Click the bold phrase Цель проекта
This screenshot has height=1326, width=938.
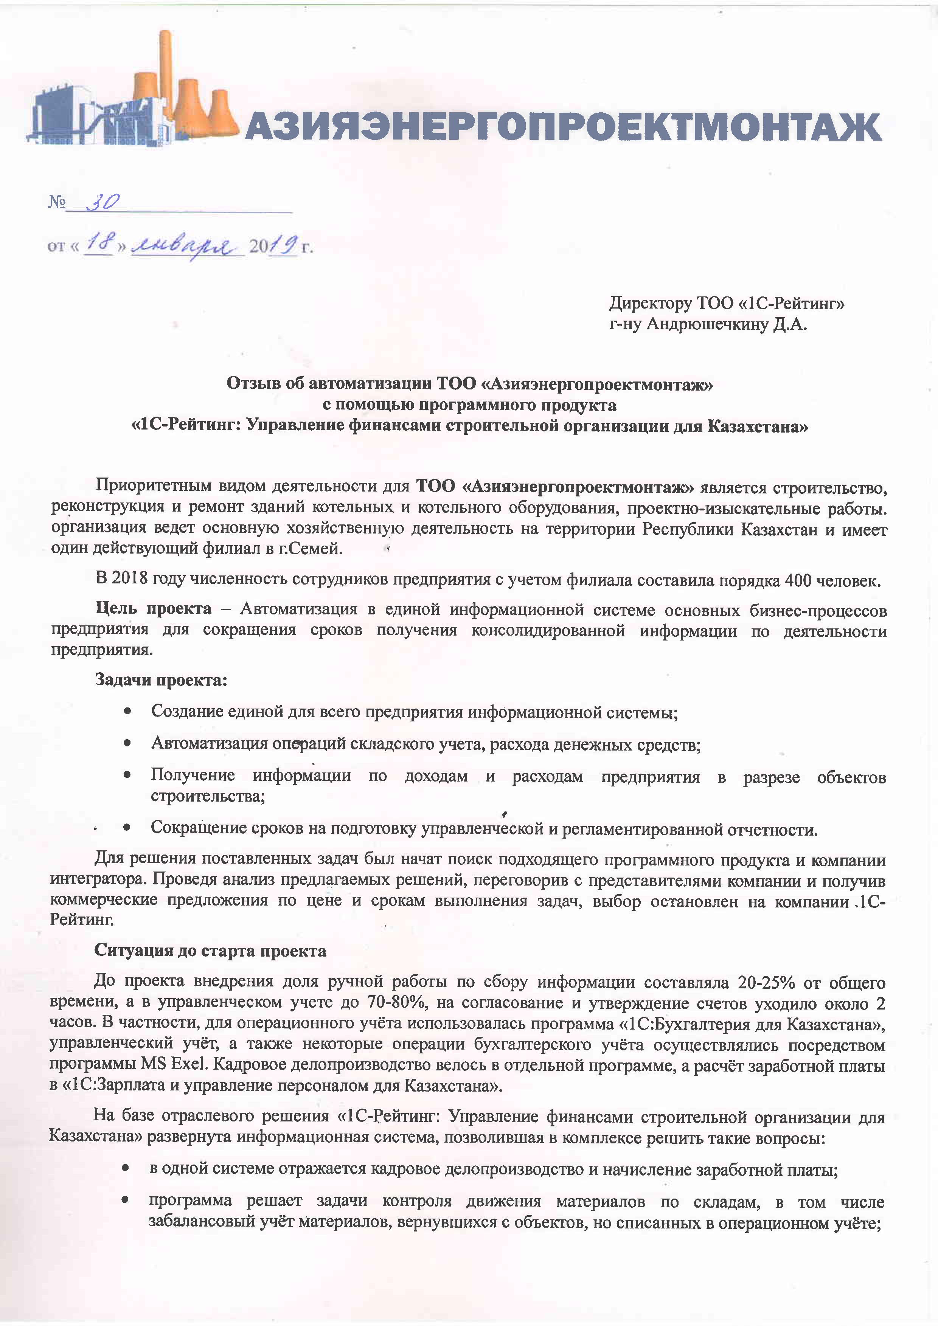coord(154,609)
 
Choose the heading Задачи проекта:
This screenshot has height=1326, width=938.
coord(161,680)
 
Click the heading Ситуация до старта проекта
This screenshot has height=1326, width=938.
coord(210,951)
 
